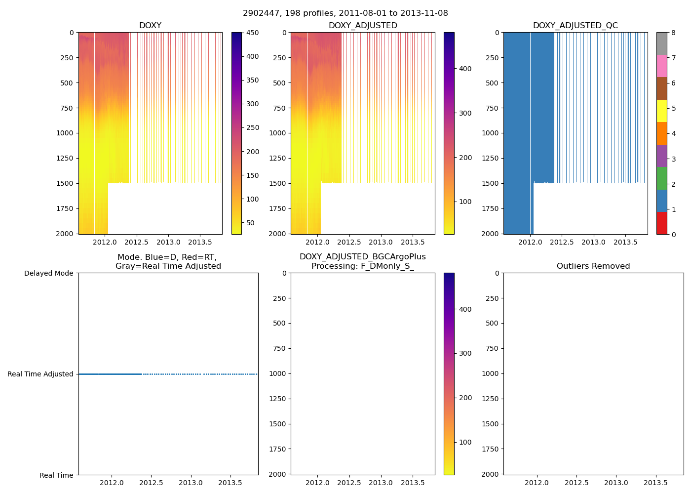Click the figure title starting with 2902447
pos(345,13)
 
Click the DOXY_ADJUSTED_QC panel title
pos(575,26)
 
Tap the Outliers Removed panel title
pos(593,266)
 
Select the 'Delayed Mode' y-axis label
pos(48,273)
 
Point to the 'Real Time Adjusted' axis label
pos(40,374)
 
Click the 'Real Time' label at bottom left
pos(56,475)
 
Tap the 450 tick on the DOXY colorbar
pos(252,33)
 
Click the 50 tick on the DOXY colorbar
pos(250,223)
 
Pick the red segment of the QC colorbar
pos(661,223)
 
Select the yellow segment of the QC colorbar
pos(661,111)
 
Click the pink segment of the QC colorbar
pos(661,66)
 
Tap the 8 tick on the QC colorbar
pos(674,33)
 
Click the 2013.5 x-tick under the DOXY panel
pos(200,242)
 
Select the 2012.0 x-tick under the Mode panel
pos(112,483)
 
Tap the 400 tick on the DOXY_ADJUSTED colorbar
pos(465,69)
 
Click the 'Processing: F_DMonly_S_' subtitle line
pos(362,266)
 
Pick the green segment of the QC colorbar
pos(661,178)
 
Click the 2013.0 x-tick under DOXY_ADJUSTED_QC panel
pos(593,242)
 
